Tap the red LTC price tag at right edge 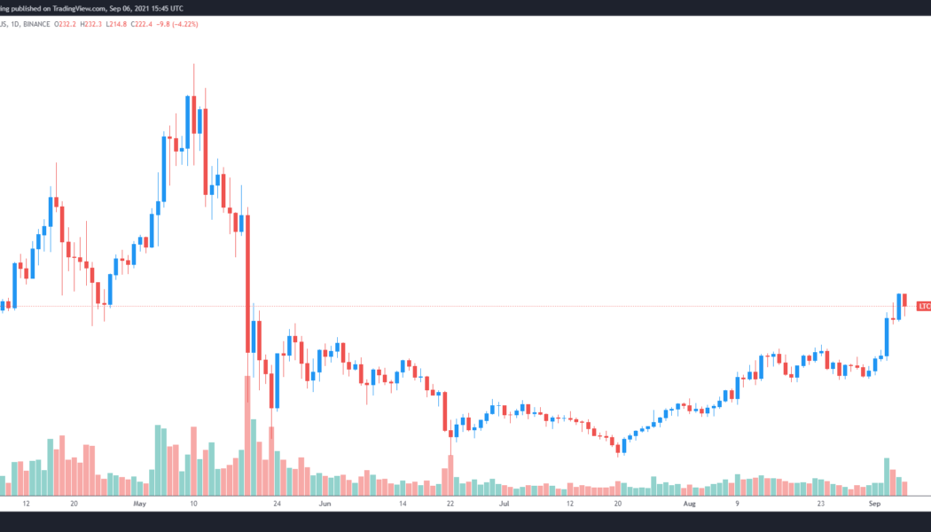[924, 306]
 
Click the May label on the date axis [138, 503]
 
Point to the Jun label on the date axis [325, 503]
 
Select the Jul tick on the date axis [505, 503]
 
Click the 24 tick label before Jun [278, 503]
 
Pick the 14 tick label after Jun [403, 503]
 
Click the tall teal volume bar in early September [886, 476]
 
